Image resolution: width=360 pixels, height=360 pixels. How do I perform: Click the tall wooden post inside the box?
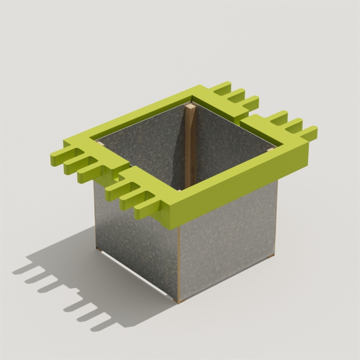tap(191, 149)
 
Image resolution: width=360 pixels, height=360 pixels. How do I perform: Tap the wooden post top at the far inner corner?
tap(191, 107)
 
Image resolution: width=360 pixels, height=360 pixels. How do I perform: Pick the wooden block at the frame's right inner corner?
tap(271, 148)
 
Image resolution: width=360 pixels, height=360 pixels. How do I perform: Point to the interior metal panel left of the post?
tap(149, 144)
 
